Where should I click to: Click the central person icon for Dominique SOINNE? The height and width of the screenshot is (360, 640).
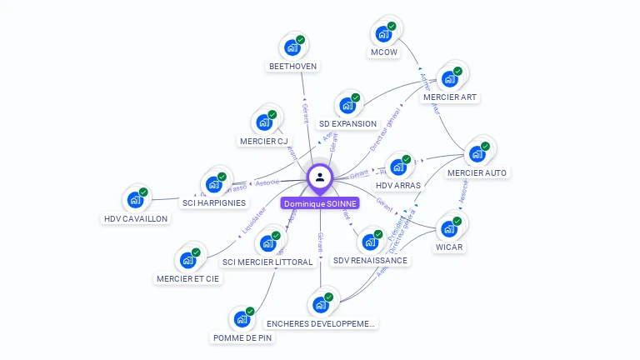[320, 177]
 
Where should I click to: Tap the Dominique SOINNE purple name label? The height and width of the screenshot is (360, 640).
[320, 203]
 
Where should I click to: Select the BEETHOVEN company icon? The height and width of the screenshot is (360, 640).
[292, 47]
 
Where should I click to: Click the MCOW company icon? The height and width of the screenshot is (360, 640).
[383, 34]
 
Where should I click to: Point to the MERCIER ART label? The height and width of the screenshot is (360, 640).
[450, 97]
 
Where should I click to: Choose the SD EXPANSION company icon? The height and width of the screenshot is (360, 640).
[347, 106]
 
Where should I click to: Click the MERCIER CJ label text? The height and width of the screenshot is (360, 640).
[263, 141]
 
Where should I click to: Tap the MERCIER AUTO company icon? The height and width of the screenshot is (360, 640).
[477, 153]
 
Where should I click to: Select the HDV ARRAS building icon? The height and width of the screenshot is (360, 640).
[398, 167]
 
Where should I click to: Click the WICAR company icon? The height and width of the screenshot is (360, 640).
[449, 227]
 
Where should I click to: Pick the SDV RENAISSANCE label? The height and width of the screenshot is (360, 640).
[370, 260]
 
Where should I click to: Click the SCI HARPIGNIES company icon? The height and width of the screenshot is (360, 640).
[214, 183]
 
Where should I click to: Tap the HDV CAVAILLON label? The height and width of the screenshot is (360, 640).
[136, 218]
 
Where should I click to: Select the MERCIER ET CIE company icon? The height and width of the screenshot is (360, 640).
[188, 260]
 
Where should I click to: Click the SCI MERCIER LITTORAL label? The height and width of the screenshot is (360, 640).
[267, 262]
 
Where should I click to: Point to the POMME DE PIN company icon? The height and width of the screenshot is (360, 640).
[242, 319]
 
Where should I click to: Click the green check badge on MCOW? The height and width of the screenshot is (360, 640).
[391, 27]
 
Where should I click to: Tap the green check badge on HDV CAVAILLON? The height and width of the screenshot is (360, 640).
[143, 192]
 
